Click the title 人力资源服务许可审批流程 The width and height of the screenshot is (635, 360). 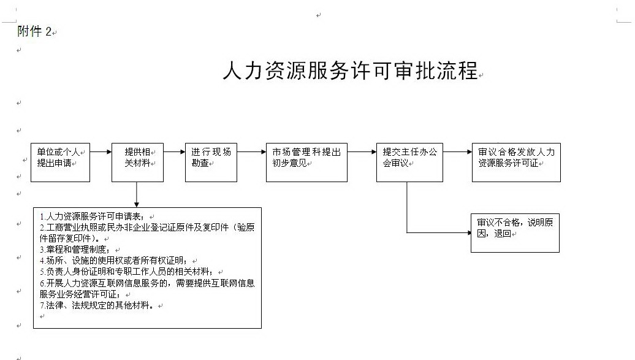[351, 71]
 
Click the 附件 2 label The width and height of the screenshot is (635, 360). [34, 31]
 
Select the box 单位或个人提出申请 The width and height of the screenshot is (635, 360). [60, 163]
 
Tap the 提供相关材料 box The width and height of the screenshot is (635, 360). [138, 163]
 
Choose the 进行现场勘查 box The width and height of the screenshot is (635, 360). [211, 163]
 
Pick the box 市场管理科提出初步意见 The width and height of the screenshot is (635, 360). [306, 163]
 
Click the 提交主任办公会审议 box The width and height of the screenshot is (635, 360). [409, 163]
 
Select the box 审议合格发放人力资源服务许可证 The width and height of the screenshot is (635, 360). [516, 163]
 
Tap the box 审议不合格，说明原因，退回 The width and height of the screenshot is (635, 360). [515, 233]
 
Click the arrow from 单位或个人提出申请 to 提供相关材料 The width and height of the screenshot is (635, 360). [101, 152]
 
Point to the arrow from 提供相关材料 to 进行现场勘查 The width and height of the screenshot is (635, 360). [174, 152]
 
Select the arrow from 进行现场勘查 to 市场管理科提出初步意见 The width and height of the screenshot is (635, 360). [251, 152]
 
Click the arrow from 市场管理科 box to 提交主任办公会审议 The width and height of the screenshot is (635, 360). [362, 152]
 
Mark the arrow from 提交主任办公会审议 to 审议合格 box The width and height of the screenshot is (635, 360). [457, 152]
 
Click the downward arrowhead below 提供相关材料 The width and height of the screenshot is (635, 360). [137, 205]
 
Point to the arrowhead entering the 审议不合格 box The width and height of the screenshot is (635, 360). [468, 232]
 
